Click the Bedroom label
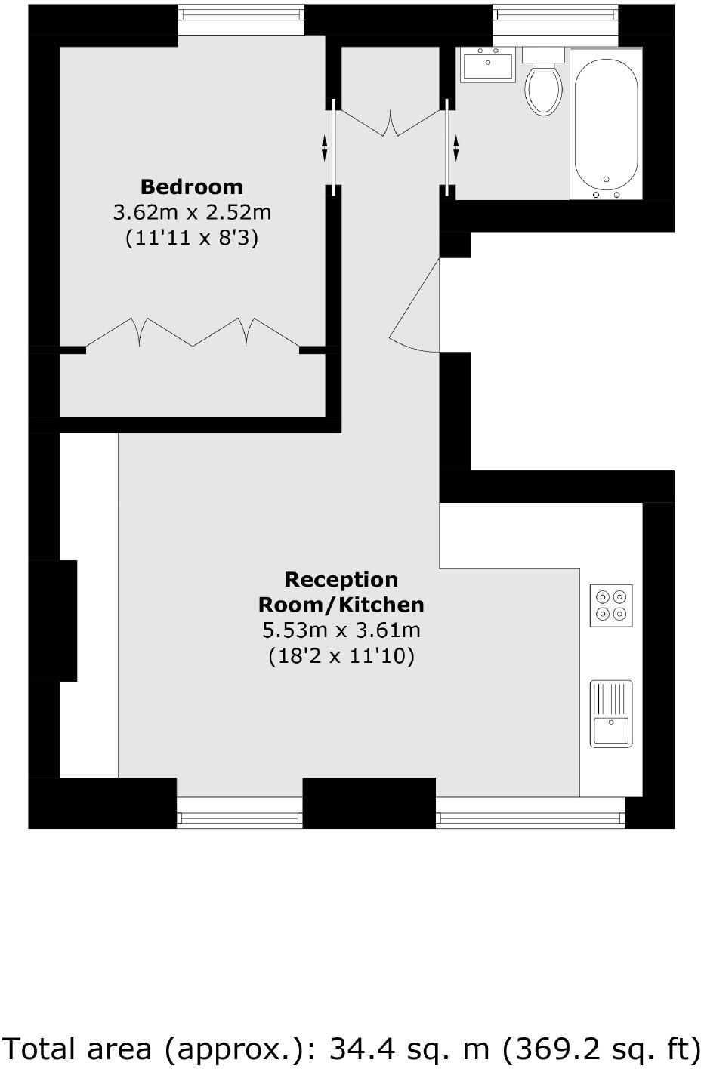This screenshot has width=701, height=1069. [192, 186]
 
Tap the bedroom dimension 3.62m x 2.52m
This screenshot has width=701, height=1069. [192, 212]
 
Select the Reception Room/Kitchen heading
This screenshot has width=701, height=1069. [341, 592]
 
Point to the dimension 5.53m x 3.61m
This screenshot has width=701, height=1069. [341, 630]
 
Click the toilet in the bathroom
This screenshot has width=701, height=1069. [543, 85]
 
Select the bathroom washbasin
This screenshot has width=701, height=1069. [488, 64]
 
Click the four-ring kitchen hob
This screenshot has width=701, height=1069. [611, 605]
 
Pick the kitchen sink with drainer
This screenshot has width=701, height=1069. [611, 714]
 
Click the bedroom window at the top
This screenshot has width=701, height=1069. [242, 20]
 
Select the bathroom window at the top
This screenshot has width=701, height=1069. [555, 20]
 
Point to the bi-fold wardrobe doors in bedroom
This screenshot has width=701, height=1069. [193, 332]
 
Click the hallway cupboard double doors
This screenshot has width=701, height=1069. [391, 123]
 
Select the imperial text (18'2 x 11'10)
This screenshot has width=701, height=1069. [341, 656]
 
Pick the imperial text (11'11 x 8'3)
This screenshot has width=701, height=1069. [192, 238]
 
